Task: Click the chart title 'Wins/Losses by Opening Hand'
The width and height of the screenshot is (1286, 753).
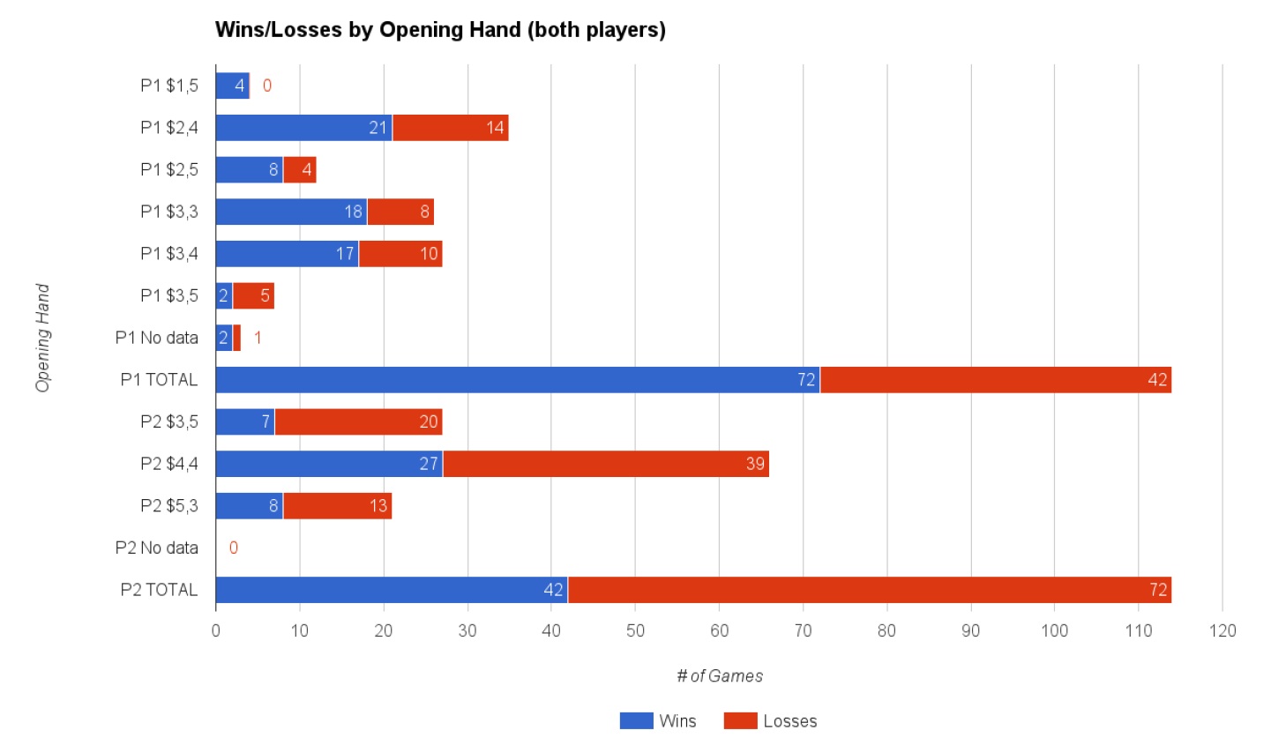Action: pyautogui.click(x=440, y=30)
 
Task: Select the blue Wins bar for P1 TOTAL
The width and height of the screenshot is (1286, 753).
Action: pyautogui.click(x=517, y=380)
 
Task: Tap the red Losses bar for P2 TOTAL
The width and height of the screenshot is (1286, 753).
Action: pyautogui.click(x=869, y=590)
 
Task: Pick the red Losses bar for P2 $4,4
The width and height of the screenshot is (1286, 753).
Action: pyautogui.click(x=605, y=464)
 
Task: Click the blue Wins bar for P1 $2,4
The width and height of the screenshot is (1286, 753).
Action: pyautogui.click(x=303, y=128)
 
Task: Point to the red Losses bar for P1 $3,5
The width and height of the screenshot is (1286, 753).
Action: pyautogui.click(x=253, y=296)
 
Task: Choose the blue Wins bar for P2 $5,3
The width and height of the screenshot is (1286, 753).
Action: pyautogui.click(x=249, y=506)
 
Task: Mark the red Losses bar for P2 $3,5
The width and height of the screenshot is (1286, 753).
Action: pyautogui.click(x=358, y=422)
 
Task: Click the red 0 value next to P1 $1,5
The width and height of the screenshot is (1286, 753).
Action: pyautogui.click(x=267, y=86)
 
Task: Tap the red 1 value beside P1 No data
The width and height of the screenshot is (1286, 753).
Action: pyautogui.click(x=258, y=338)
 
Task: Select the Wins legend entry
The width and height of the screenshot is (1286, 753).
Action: pyautogui.click(x=658, y=721)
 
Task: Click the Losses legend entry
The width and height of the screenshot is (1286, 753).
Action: pyautogui.click(x=770, y=721)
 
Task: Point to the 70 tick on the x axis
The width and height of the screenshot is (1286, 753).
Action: pyautogui.click(x=803, y=630)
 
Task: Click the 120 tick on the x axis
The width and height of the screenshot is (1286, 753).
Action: pyautogui.click(x=1222, y=630)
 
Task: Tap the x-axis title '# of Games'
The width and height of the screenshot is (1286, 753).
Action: pyautogui.click(x=720, y=676)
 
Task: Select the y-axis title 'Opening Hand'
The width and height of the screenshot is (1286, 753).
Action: pyautogui.click(x=42, y=338)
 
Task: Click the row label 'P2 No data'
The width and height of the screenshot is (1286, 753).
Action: pyautogui.click(x=156, y=548)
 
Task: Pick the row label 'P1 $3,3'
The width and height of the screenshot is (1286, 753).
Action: pyautogui.click(x=168, y=212)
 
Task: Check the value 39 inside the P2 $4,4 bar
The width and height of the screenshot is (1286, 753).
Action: pyautogui.click(x=755, y=464)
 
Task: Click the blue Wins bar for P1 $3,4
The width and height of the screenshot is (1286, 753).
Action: pyautogui.click(x=287, y=254)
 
